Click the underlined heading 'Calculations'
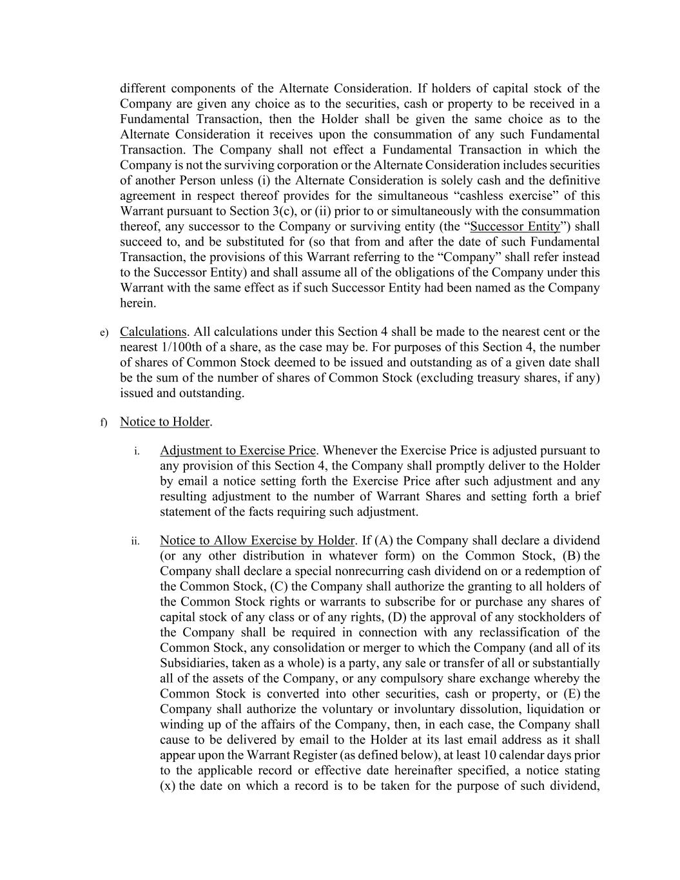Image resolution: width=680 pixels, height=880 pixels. click(153, 332)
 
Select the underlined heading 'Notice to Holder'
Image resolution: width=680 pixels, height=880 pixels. click(164, 422)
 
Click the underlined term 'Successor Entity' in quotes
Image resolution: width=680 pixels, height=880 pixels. click(515, 226)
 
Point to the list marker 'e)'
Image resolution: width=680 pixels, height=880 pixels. click(103, 333)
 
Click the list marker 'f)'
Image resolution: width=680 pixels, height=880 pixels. click(103, 422)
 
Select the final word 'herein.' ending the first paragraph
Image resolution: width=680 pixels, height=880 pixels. click(138, 304)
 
